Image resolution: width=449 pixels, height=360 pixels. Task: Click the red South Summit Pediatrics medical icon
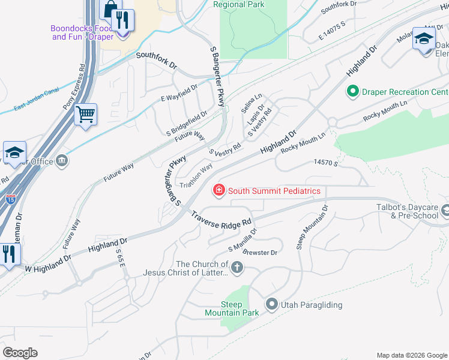pyautogui.click(x=219, y=191)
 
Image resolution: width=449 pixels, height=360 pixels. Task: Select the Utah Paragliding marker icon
pyautogui.click(x=271, y=305)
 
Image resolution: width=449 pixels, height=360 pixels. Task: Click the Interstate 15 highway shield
pyautogui.click(x=11, y=199)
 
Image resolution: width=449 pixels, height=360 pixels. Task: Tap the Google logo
pyautogui.click(x=20, y=352)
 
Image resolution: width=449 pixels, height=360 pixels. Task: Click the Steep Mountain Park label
pyautogui.click(x=232, y=308)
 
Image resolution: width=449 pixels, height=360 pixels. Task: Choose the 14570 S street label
pyautogui.click(x=326, y=163)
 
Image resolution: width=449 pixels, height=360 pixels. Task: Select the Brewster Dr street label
pyautogui.click(x=261, y=253)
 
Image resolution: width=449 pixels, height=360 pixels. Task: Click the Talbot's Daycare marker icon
pyautogui.click(x=445, y=211)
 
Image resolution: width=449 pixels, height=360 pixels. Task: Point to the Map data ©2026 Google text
pyautogui.click(x=411, y=355)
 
